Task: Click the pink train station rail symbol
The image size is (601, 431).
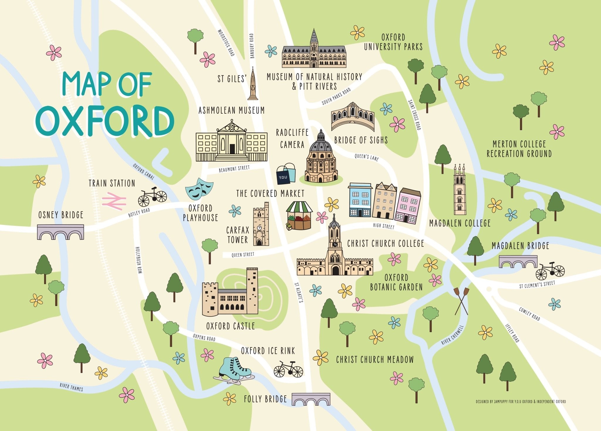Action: pos(114,201)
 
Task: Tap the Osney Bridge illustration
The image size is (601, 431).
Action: pos(60,232)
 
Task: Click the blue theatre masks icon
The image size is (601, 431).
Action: pos(199,188)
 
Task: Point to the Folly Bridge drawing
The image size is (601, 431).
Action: pos(311,399)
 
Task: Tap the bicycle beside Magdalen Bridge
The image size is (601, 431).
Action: pos(550,271)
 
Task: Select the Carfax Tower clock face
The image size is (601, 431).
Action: pos(259,228)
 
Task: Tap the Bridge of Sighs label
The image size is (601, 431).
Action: pos(361,140)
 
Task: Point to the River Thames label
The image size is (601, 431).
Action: pos(71,387)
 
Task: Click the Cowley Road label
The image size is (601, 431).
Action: pos(529,314)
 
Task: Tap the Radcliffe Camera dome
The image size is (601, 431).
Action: pos(321,145)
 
